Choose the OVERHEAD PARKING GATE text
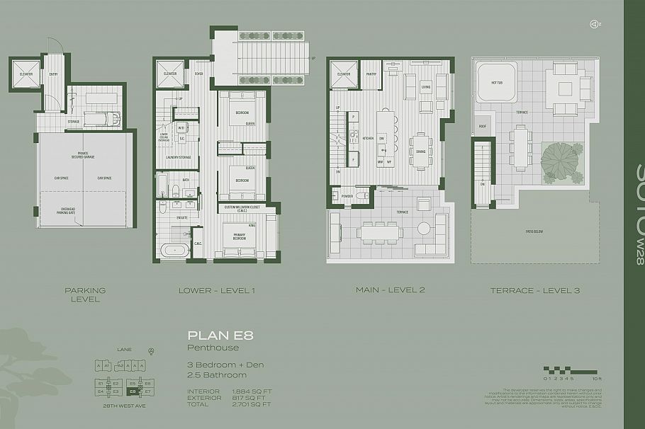pyautogui.click(x=85, y=209)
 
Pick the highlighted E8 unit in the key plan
pyautogui.click(x=132, y=390)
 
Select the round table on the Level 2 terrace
pyautogui.click(x=423, y=229)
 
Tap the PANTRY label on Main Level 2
pyautogui.click(x=371, y=73)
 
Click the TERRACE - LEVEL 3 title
pyautogui.click(x=527, y=290)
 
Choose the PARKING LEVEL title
pyautogui.click(x=85, y=294)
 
